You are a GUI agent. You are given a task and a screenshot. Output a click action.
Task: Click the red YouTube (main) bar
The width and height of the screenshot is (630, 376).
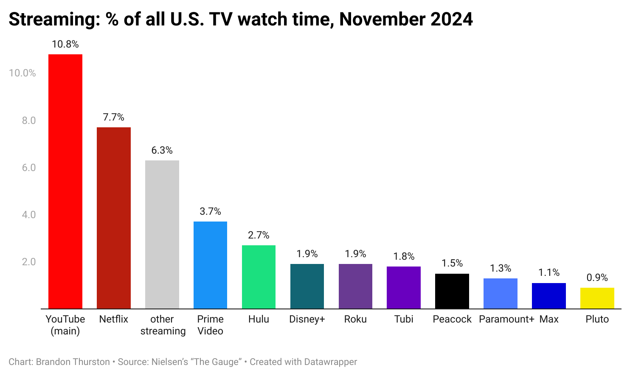(x=65, y=181)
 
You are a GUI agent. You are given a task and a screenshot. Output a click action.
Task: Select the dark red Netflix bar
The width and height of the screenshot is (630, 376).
(x=114, y=218)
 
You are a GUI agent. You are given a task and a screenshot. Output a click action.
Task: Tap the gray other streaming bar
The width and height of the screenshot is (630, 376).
(x=162, y=235)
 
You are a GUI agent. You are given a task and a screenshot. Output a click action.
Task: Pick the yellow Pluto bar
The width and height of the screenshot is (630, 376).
(x=597, y=298)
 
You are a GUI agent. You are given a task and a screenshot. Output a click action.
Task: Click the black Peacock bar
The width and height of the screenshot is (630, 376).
(x=452, y=291)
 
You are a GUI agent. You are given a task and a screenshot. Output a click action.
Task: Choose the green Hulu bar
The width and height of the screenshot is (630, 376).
(x=259, y=277)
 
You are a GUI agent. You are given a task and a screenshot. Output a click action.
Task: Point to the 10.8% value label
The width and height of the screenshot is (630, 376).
(x=65, y=44)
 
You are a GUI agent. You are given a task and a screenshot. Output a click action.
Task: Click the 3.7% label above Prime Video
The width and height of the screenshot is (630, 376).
(x=211, y=211)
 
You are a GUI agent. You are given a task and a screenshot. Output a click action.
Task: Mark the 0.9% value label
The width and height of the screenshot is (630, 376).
(x=597, y=278)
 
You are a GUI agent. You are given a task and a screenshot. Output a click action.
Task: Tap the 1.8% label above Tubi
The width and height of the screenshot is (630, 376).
(x=404, y=256)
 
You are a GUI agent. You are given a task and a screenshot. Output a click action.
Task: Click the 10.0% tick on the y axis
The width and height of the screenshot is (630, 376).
(x=22, y=73)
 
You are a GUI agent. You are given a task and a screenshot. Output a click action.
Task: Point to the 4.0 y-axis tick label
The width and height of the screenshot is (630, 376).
(x=29, y=215)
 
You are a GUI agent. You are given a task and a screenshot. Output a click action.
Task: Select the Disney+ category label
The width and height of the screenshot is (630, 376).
(x=307, y=319)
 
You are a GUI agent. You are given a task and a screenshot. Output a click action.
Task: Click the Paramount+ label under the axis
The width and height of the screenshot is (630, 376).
(x=506, y=319)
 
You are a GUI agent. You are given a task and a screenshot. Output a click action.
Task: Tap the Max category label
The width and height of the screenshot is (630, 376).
(x=549, y=319)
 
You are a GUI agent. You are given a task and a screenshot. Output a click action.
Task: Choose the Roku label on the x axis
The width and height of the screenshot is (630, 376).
(x=355, y=319)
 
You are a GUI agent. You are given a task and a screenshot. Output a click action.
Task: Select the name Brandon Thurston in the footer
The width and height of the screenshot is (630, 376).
(x=73, y=362)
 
